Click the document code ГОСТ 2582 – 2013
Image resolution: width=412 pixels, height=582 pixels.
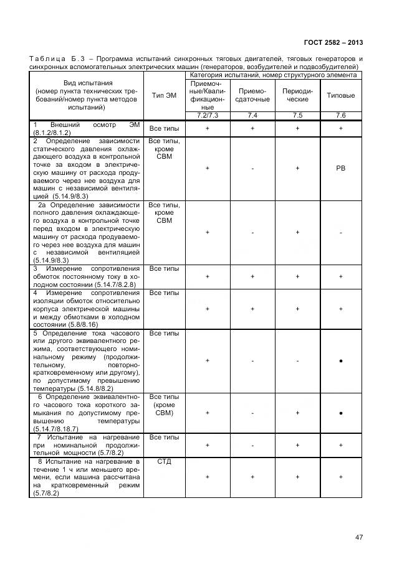click(x=333, y=43)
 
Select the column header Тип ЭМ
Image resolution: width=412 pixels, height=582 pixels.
click(x=165, y=95)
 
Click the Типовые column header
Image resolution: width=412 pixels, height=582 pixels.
click(x=341, y=95)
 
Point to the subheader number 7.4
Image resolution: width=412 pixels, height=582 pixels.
click(x=252, y=116)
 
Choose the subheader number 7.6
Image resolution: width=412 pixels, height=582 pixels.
click(x=341, y=116)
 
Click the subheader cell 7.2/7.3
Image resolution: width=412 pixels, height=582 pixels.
click(x=207, y=116)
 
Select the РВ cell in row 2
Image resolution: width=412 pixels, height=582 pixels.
click(x=341, y=168)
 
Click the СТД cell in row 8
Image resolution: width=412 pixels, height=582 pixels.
click(x=165, y=462)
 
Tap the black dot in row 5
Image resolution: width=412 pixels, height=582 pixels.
click(x=341, y=360)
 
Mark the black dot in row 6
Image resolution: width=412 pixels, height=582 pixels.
click(x=341, y=413)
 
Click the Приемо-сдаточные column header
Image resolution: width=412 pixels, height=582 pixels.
click(x=252, y=95)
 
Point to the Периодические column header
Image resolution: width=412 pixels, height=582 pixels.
click(x=297, y=95)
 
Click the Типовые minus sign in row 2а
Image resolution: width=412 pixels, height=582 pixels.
click(x=341, y=233)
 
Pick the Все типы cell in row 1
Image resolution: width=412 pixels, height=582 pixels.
click(x=165, y=128)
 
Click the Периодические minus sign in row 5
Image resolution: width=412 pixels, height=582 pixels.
click(x=297, y=360)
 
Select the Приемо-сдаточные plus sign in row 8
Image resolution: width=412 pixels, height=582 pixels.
click(x=252, y=476)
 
